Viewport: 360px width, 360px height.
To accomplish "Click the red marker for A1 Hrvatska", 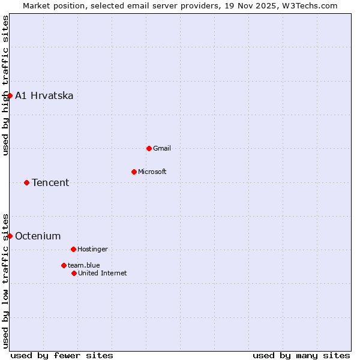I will [10, 95].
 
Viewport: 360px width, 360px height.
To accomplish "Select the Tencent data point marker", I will [26, 182].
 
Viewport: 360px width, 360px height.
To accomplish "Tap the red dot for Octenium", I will [10, 236].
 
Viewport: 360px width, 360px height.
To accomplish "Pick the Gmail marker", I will [149, 148].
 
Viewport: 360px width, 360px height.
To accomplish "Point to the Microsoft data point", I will [134, 172].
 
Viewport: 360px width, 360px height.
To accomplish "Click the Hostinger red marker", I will [73, 249].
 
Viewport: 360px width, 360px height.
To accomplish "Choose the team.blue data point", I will [64, 265].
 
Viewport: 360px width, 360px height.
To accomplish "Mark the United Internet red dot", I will [74, 273].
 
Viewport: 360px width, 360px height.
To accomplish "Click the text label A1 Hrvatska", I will [44, 96].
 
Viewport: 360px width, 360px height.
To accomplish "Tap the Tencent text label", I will [50, 183].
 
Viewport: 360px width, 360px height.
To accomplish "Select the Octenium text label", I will [38, 236].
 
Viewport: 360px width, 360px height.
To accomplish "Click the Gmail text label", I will [162, 148].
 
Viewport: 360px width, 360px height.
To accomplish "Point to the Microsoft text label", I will [152, 172].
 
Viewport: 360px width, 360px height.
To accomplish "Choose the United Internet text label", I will [103, 273].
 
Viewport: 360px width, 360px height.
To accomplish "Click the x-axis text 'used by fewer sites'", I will [62, 355].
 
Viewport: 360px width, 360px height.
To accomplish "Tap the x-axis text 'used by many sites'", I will [301, 355].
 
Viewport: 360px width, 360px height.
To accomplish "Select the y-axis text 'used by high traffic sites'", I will [5, 86].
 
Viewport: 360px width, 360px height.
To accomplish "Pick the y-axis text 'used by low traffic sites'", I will [5, 280].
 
